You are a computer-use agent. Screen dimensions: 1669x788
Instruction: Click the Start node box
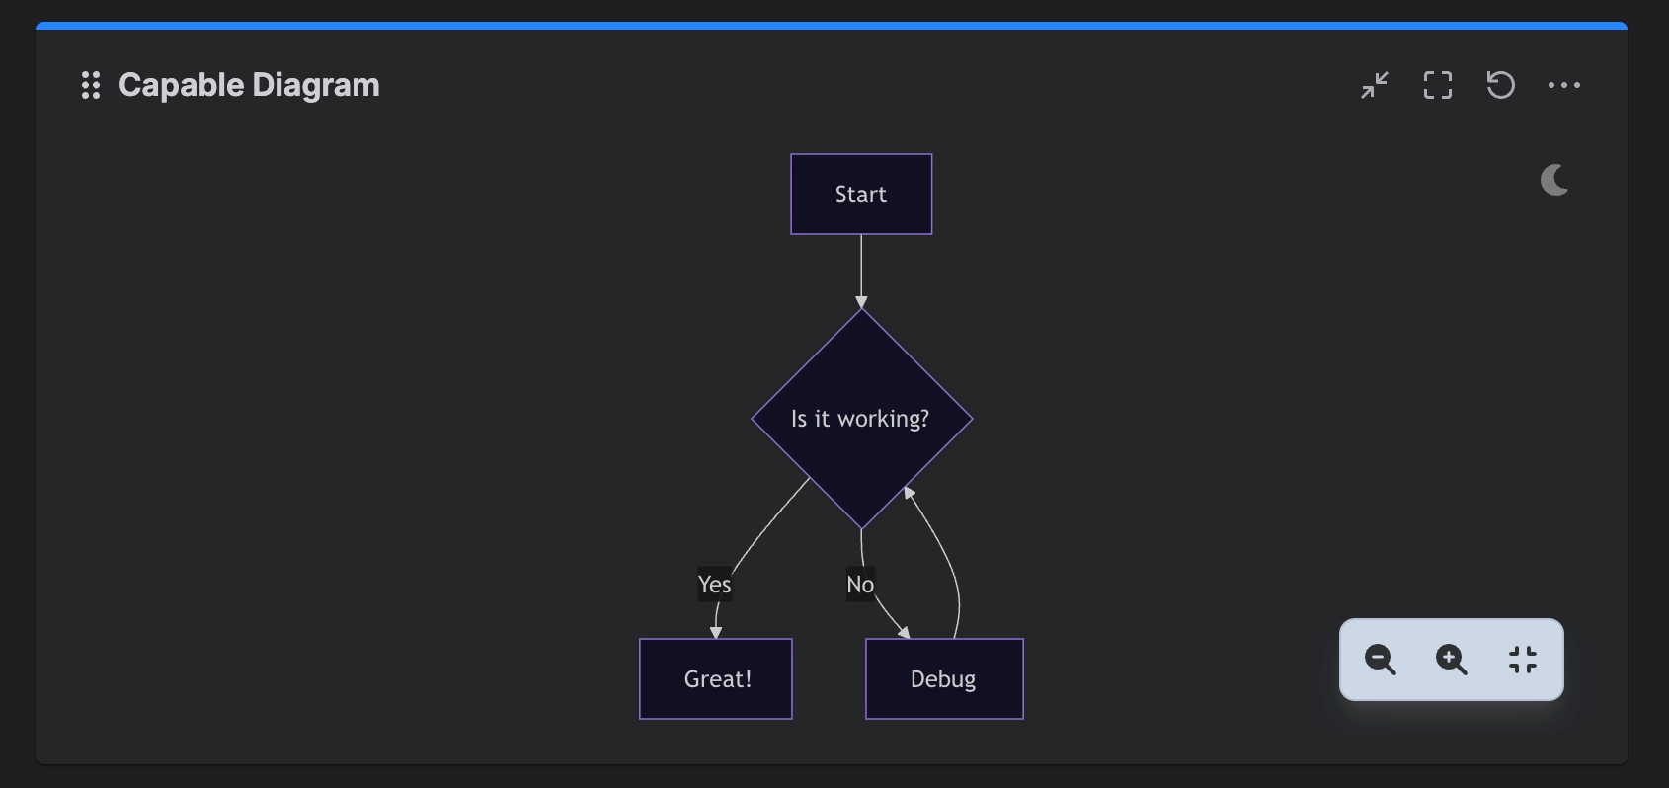coord(861,195)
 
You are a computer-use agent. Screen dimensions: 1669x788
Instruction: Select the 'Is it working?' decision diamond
coord(862,419)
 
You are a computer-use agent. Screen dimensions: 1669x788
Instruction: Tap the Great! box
coord(716,678)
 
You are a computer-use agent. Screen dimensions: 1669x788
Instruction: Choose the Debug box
coord(944,678)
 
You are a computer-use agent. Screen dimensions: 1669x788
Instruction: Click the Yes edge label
coord(715,585)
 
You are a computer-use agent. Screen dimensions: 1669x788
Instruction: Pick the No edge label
coord(860,585)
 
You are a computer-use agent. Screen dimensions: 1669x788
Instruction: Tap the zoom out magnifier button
coord(1380,660)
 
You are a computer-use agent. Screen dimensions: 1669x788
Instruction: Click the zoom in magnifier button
coord(1452,660)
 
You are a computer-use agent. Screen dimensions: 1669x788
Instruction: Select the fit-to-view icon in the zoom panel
coord(1523,660)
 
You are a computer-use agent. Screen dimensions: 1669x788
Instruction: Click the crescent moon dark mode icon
coord(1553,181)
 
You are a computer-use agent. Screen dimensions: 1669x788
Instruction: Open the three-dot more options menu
coord(1564,85)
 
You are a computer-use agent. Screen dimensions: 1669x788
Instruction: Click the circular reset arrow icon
coord(1500,85)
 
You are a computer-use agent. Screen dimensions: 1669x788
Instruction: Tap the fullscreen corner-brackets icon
coord(1437,85)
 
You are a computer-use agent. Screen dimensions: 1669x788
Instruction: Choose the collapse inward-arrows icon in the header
coord(1375,85)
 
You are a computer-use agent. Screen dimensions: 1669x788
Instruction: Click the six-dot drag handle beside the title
coord(91,85)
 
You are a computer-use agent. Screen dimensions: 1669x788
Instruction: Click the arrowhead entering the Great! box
coord(716,632)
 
